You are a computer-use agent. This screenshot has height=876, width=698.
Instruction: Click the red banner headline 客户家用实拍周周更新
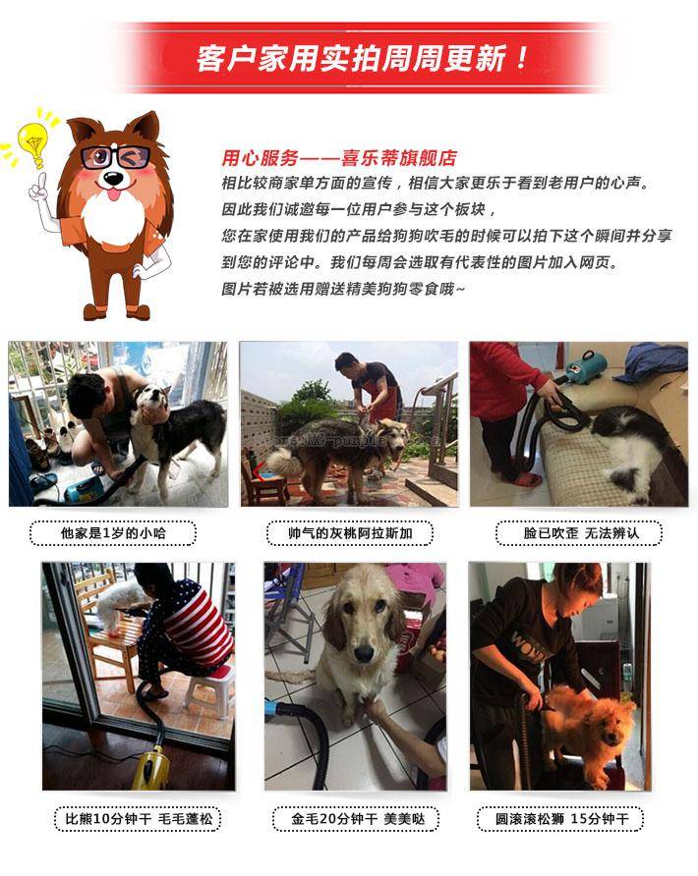point(362,59)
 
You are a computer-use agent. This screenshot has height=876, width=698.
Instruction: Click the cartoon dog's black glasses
point(116,157)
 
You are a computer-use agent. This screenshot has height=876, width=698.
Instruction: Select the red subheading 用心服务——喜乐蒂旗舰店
point(339,158)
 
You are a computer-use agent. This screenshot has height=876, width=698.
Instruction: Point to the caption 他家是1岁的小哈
point(113,533)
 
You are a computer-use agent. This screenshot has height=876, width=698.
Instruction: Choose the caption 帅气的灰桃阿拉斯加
point(350,533)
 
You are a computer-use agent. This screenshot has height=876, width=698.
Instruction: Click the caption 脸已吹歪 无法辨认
point(580,533)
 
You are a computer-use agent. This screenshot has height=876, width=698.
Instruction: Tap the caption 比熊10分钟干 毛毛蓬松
point(139,819)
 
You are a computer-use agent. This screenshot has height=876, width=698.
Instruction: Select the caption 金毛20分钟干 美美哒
point(357,819)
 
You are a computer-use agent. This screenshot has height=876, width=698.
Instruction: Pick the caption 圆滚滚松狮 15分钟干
point(561,819)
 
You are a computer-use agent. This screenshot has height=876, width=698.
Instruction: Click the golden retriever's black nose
point(363,652)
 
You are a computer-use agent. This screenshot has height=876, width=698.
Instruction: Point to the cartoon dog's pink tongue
point(113,195)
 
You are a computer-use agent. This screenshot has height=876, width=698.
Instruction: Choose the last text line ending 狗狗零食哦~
point(342,289)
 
